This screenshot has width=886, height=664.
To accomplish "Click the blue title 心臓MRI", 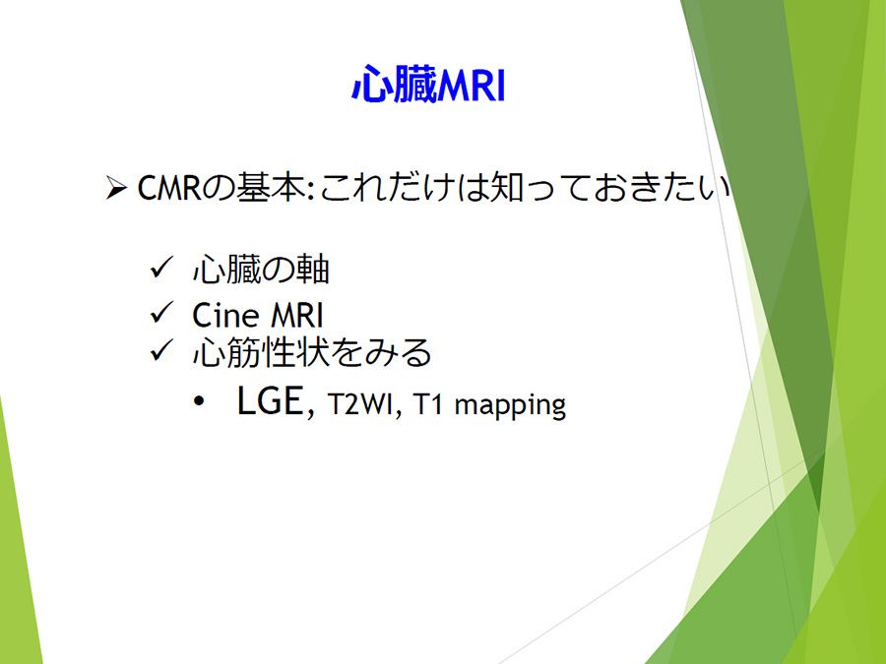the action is pyautogui.click(x=428, y=85).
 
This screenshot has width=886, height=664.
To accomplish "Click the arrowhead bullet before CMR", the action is pyautogui.click(x=116, y=188).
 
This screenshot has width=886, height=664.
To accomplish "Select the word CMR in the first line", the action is pyautogui.click(x=169, y=188).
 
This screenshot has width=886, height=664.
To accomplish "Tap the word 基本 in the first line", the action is pyautogui.click(x=270, y=187).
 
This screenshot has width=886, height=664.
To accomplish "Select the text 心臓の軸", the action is pyautogui.click(x=261, y=270).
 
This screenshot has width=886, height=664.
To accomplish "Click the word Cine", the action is pyautogui.click(x=225, y=315).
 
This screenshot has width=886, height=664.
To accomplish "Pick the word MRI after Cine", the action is pyautogui.click(x=297, y=315).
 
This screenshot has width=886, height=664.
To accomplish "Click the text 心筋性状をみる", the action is pyautogui.click(x=312, y=353).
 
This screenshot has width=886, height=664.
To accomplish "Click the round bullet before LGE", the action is pyautogui.click(x=198, y=402).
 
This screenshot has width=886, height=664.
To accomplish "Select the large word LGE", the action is pyautogui.click(x=270, y=400).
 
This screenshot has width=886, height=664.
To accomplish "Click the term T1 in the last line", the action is pyautogui.click(x=428, y=404).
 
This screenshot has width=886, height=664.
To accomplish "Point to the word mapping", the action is pyautogui.click(x=510, y=406).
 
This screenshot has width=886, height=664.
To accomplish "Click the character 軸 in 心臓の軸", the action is pyautogui.click(x=312, y=270).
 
